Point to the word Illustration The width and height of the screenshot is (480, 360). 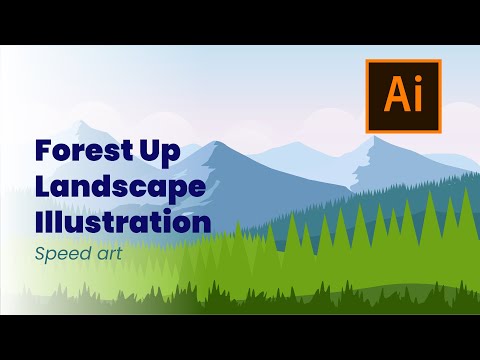(x=122, y=220)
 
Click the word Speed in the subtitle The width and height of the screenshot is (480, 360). (x=62, y=254)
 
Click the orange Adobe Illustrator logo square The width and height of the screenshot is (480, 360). (x=403, y=97)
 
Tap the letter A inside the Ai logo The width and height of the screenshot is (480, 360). (x=395, y=98)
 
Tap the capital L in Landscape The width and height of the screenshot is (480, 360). (x=41, y=187)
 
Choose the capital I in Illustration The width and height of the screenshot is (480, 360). (x=39, y=220)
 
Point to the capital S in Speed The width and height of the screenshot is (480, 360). (x=41, y=253)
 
